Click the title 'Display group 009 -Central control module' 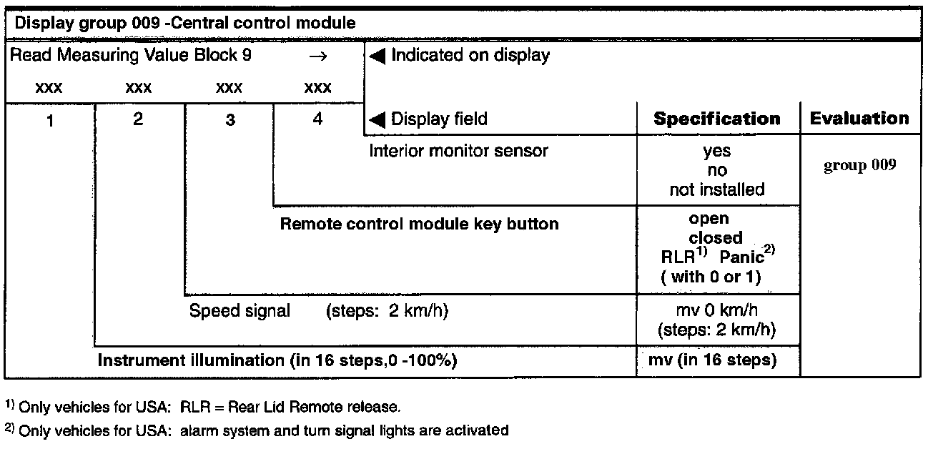pyautogui.click(x=185, y=23)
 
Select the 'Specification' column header pyautogui.click(x=717, y=119)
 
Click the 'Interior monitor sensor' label pyautogui.click(x=458, y=151)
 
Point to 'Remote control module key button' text pyautogui.click(x=419, y=224)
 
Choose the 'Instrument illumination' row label pyautogui.click(x=277, y=360)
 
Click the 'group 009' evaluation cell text pyautogui.click(x=860, y=166)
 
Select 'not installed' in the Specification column pyautogui.click(x=716, y=189)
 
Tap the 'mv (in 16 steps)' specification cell pyautogui.click(x=716, y=360)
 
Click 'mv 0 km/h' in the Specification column pyautogui.click(x=716, y=311)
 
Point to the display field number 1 pyautogui.click(x=50, y=121)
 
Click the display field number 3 pyautogui.click(x=229, y=121)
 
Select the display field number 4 pyautogui.click(x=317, y=119)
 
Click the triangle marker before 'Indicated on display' pyautogui.click(x=377, y=56)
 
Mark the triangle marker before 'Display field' pyautogui.click(x=377, y=119)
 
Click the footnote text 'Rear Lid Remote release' pyautogui.click(x=315, y=408)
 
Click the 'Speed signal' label pyautogui.click(x=240, y=311)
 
